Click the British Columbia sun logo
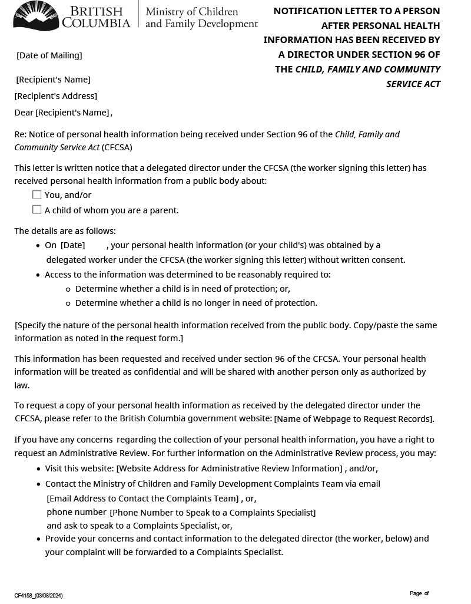pyautogui.click(x=36, y=16)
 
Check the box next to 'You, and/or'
pyautogui.click(x=37, y=194)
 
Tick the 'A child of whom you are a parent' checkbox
pyautogui.click(x=37, y=209)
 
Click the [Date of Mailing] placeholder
pyautogui.click(x=49, y=55)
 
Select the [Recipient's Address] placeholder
pyautogui.click(x=56, y=96)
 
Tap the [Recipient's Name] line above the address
pyautogui.click(x=53, y=80)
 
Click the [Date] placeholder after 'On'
pyautogui.click(x=72, y=245)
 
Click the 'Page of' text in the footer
pyautogui.click(x=419, y=593)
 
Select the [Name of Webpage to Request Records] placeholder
pyautogui.click(x=354, y=419)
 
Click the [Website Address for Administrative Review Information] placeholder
pyautogui.click(x=229, y=468)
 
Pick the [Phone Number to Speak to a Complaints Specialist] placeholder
pyautogui.click(x=213, y=513)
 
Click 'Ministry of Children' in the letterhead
pyautogui.click(x=192, y=12)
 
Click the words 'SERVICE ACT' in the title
pyautogui.click(x=413, y=84)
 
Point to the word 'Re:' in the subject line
pyautogui.click(x=20, y=134)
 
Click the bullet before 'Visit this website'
pyautogui.click(x=39, y=469)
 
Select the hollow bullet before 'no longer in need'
pyautogui.click(x=68, y=303)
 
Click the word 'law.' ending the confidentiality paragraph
pyautogui.click(x=22, y=385)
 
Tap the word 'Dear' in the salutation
pyautogui.click(x=24, y=113)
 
